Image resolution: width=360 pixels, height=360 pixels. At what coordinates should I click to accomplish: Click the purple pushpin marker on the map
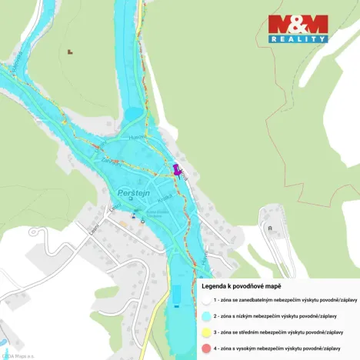point(176,169)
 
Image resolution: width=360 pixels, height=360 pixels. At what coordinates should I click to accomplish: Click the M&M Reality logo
point(298,28)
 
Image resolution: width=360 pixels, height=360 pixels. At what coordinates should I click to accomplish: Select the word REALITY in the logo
point(298,38)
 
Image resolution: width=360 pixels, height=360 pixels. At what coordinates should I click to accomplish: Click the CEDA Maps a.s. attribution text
point(15,355)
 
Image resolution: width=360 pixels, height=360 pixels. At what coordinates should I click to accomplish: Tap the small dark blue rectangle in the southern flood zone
point(178,295)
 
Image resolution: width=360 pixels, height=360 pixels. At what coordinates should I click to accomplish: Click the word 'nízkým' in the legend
point(255,316)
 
